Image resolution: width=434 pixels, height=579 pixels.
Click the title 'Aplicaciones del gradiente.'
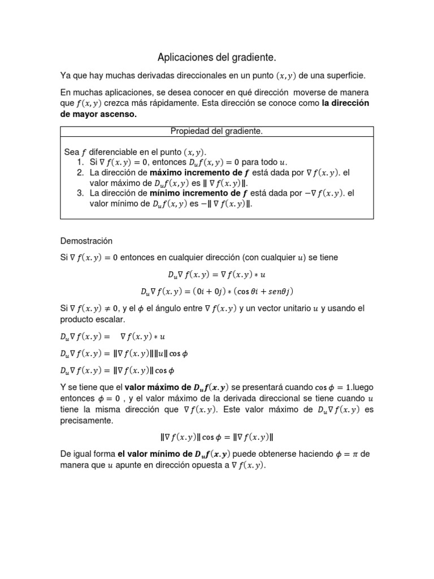tap(216, 58)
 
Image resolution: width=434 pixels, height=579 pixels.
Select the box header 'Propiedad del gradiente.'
tap(216, 131)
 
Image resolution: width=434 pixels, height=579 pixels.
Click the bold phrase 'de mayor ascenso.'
tap(98, 114)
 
